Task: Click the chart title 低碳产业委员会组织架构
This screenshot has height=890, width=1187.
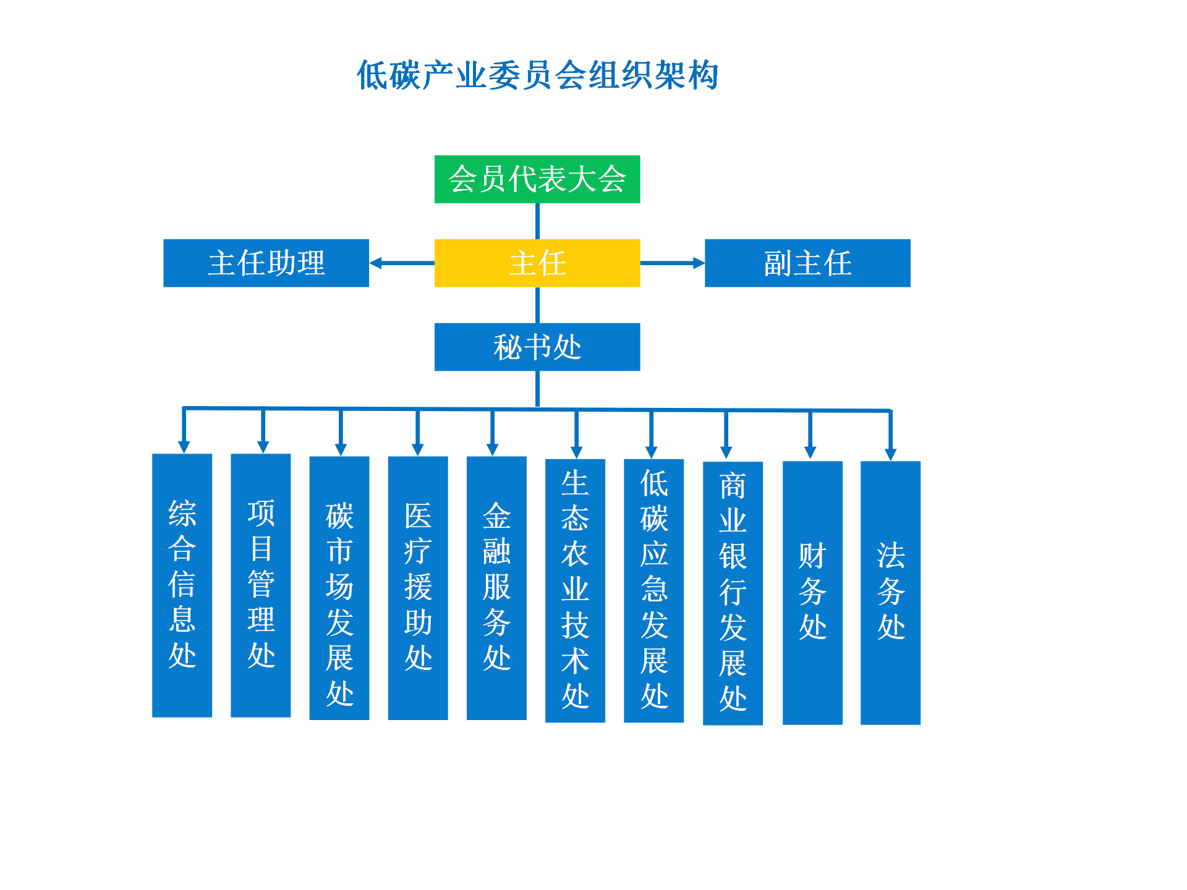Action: [537, 75]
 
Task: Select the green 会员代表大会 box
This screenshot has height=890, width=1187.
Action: [537, 179]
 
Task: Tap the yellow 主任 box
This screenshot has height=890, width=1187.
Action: [537, 263]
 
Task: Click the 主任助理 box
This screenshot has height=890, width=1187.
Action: [266, 263]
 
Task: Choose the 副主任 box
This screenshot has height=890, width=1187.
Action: [807, 263]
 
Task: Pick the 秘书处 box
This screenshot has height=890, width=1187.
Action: [537, 347]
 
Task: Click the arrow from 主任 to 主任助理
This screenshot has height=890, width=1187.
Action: [402, 263]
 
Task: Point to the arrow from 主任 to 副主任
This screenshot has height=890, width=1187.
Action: [673, 263]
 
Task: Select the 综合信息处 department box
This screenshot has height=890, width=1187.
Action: [182, 585]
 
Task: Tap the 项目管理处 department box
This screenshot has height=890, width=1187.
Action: [261, 585]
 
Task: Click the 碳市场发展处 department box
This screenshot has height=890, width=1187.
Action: [339, 588]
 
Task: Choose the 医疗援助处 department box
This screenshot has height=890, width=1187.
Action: [418, 588]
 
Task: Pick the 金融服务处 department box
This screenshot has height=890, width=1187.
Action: [496, 588]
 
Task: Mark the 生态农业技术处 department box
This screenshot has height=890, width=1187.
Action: [575, 590]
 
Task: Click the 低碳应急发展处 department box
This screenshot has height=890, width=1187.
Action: [654, 590]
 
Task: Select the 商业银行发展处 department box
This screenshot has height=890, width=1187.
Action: [733, 593]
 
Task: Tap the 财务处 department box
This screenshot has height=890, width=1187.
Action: [812, 593]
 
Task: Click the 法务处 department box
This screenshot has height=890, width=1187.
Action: [891, 593]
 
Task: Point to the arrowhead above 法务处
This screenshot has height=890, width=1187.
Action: [890, 454]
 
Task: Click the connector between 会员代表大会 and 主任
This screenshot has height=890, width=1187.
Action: [537, 221]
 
